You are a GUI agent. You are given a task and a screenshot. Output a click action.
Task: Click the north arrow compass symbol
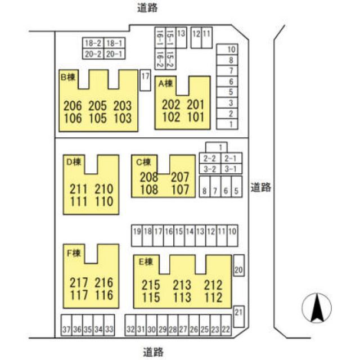click(317, 308)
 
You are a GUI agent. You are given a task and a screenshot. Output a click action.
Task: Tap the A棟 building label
click(165, 83)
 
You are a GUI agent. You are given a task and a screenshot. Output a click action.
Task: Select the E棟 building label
click(146, 262)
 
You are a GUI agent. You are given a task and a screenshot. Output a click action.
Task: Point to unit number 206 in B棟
click(73, 106)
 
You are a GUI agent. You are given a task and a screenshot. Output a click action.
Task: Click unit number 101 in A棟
click(196, 117)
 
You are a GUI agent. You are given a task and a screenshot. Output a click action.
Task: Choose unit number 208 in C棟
click(149, 177)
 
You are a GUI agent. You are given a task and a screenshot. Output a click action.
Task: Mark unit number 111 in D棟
click(79, 201)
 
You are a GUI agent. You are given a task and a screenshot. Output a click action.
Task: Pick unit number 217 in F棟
click(79, 282)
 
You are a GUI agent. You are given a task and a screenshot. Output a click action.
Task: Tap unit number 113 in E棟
click(182, 298)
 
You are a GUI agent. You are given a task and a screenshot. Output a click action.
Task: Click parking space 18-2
click(93, 43)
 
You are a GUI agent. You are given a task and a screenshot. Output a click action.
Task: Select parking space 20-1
click(114, 54)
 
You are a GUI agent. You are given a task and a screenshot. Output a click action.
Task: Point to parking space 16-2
click(160, 58)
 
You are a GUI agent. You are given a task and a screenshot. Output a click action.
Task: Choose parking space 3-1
click(231, 169)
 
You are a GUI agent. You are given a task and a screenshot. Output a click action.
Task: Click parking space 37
click(66, 325)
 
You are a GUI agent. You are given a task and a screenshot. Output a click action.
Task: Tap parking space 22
click(226, 325)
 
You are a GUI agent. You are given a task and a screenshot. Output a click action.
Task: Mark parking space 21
click(238, 316)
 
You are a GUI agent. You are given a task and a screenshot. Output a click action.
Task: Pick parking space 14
click(190, 236)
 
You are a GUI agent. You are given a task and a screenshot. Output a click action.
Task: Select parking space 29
click(163, 325)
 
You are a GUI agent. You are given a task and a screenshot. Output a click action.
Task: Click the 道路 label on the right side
click(260, 187)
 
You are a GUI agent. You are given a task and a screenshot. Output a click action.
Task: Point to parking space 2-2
click(210, 158)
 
